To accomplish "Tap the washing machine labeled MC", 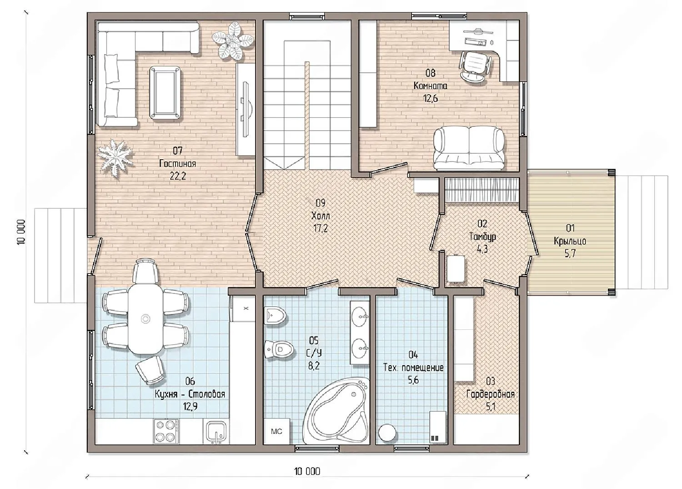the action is [277, 431].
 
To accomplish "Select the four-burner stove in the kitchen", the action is [166, 431].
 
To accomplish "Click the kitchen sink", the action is [216, 432].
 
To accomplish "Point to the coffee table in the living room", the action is [165, 93].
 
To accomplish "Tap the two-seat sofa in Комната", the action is [469, 148].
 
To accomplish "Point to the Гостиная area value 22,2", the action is [177, 176].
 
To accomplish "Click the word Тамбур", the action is [482, 237].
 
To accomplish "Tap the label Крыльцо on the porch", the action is [570, 241].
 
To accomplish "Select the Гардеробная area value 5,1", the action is [491, 407].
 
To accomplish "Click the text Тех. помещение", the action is [413, 368].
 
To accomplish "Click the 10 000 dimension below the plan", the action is [307, 471].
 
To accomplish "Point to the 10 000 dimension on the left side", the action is [21, 232].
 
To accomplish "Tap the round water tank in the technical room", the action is [387, 433].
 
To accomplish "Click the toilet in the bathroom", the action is [278, 350].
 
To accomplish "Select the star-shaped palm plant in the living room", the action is [115, 158].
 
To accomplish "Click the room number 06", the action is [190, 381].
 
